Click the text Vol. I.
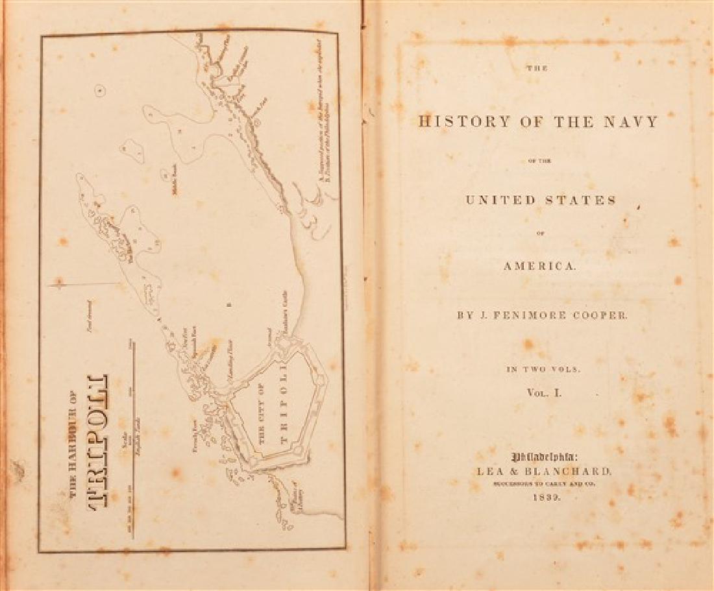coord(544,392)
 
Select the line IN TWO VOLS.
coord(543,369)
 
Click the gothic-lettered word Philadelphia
coord(543,456)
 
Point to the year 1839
coord(543,498)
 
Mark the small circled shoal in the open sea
coord(99,91)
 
